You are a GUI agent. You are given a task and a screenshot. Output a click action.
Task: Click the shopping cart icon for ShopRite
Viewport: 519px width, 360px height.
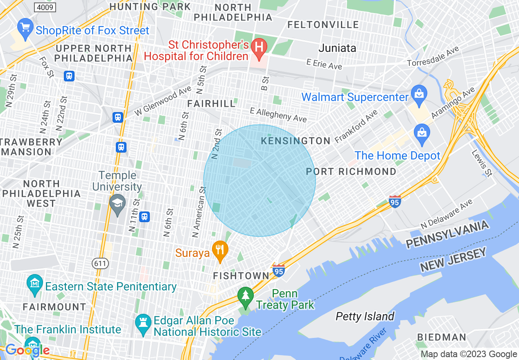pyautogui.click(x=25, y=28)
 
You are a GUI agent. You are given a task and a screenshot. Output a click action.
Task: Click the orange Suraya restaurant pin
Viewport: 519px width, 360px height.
pyautogui.click(x=221, y=250)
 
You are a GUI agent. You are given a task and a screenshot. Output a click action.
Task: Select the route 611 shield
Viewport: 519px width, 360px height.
pyautogui.click(x=100, y=263)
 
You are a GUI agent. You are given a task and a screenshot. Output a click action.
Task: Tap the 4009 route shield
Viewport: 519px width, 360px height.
pyautogui.click(x=45, y=7)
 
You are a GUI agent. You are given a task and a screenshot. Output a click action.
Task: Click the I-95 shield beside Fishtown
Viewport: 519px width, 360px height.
pyautogui.click(x=278, y=270)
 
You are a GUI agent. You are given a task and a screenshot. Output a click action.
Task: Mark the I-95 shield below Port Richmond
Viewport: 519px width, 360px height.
pyautogui.click(x=395, y=202)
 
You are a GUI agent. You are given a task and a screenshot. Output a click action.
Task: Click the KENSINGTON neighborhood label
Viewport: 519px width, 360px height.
pyautogui.click(x=296, y=141)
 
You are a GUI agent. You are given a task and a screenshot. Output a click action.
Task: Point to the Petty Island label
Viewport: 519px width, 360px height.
pyautogui.click(x=365, y=316)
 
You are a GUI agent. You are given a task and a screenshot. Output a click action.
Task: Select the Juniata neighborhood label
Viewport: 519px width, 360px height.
pyautogui.click(x=338, y=48)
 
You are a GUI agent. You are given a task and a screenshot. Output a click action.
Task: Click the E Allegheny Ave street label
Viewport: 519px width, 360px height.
pyautogui.click(x=278, y=115)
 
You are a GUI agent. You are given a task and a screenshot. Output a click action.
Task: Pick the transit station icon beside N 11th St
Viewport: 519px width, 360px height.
pyautogui.click(x=144, y=216)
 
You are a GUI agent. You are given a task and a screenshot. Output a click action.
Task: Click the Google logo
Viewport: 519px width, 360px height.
pyautogui.click(x=27, y=350)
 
